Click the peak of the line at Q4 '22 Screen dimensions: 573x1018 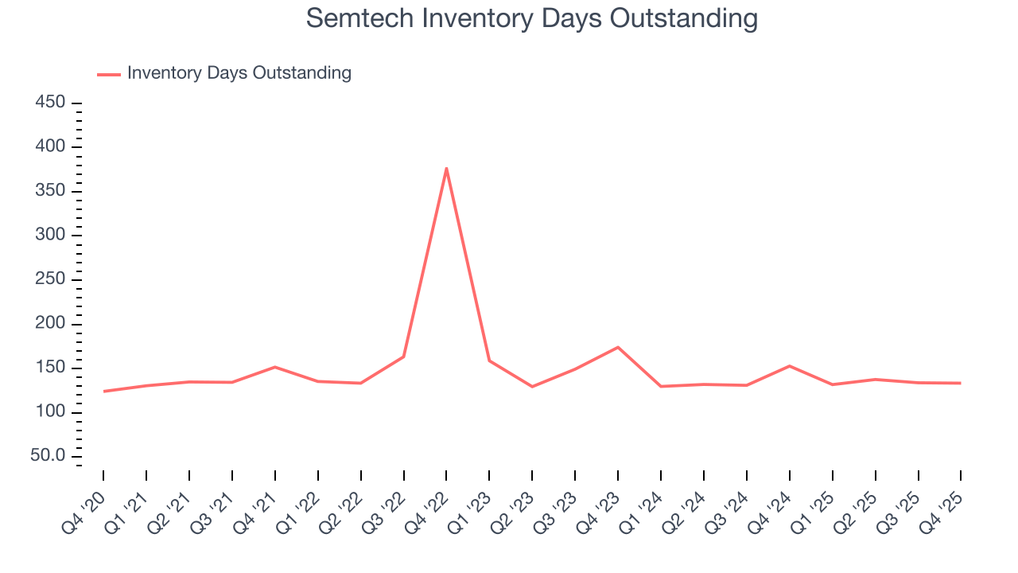(x=446, y=168)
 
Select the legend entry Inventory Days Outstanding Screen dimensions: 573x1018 (x=239, y=73)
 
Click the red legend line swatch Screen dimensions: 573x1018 (x=109, y=74)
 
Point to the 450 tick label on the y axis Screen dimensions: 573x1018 (x=51, y=103)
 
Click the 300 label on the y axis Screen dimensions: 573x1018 (x=51, y=236)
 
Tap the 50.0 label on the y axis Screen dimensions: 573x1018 (x=48, y=456)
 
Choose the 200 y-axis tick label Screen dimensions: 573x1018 (x=51, y=324)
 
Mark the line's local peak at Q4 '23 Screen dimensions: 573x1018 (x=618, y=347)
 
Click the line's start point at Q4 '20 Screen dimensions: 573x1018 (x=104, y=391)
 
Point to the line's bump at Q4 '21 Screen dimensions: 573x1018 (x=275, y=367)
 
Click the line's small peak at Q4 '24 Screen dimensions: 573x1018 (x=789, y=366)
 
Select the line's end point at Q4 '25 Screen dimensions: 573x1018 (x=960, y=383)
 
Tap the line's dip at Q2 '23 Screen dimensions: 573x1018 (x=532, y=387)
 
